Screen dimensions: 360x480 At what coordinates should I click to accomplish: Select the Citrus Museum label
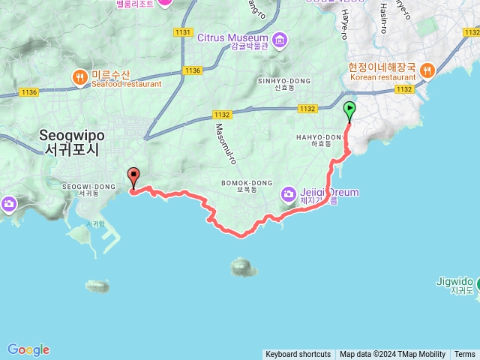point(233,38)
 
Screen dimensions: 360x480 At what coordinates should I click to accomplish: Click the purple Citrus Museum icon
point(280,38)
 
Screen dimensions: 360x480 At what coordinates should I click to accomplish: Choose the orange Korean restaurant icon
point(427,71)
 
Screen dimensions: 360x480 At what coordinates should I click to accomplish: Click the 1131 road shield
point(183,32)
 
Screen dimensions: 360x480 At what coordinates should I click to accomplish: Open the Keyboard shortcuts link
point(298,355)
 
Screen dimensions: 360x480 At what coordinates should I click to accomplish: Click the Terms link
point(464,355)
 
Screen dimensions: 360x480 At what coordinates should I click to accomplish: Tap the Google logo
point(28,349)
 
